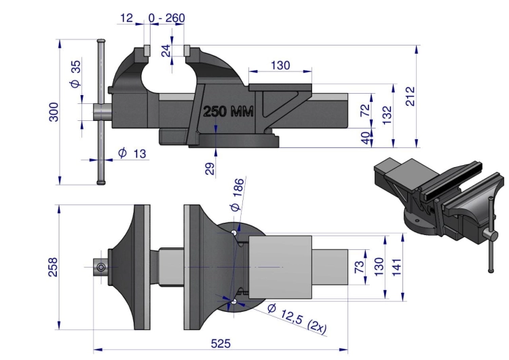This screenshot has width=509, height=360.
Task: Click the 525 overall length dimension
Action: click(x=221, y=344)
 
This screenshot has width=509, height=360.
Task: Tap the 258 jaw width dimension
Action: click(x=53, y=267)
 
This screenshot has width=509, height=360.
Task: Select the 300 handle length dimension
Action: click(x=54, y=112)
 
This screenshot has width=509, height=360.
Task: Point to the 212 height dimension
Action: click(x=411, y=96)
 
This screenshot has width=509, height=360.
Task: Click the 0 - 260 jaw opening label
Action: click(x=167, y=18)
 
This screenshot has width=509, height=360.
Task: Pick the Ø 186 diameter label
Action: click(x=238, y=195)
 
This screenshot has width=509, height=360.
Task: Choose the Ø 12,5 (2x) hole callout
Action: click(x=297, y=319)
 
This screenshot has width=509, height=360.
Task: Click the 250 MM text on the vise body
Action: click(x=228, y=111)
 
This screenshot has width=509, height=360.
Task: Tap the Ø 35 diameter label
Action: click(x=75, y=74)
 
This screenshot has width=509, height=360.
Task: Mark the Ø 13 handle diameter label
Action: click(x=132, y=153)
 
